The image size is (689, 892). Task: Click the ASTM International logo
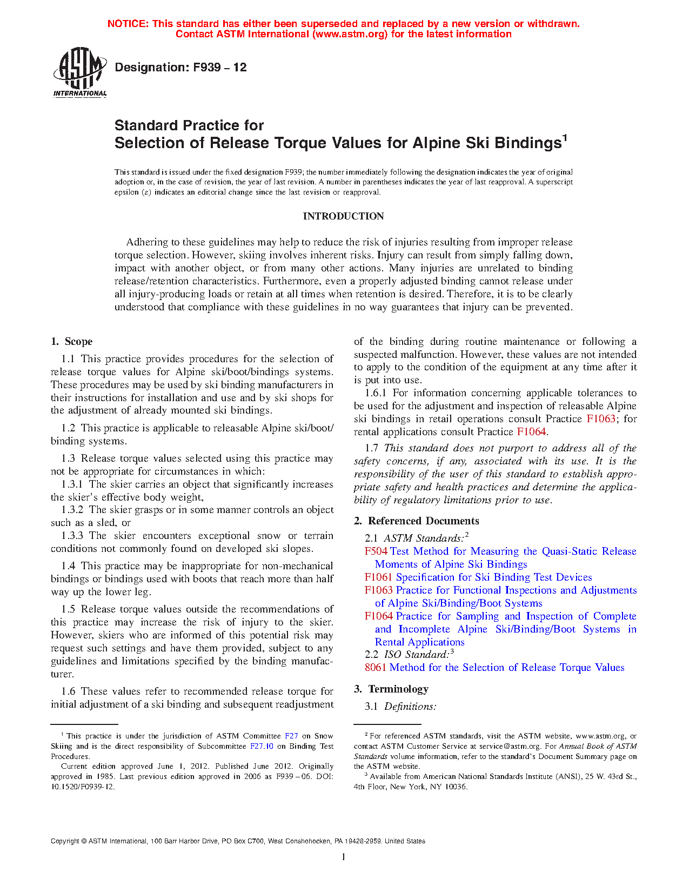[x=79, y=72]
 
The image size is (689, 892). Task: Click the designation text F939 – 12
[x=180, y=68]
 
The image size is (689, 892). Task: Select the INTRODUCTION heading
[x=343, y=216]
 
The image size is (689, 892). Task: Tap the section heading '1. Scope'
[x=71, y=342]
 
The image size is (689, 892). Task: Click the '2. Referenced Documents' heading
[x=416, y=521]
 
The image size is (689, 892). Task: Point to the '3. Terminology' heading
[x=391, y=689]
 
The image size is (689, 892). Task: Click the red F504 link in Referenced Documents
[x=376, y=551]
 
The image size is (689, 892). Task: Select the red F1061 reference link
[x=378, y=577]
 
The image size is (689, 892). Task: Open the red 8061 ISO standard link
[x=376, y=668]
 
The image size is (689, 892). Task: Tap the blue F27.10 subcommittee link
[x=262, y=746]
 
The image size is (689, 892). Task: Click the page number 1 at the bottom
[x=344, y=857]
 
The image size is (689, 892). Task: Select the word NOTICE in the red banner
[x=128, y=24]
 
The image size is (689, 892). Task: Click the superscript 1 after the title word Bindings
[x=565, y=138]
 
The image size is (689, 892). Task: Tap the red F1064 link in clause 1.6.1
[x=531, y=432]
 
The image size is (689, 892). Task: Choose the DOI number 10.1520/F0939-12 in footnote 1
[x=83, y=787]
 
